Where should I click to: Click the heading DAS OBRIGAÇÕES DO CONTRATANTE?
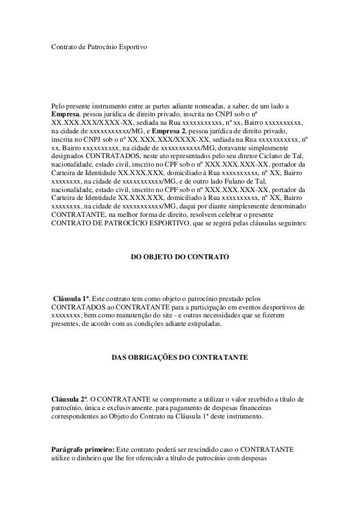[x=179, y=358]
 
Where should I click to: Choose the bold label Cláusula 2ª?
[x=69, y=400]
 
